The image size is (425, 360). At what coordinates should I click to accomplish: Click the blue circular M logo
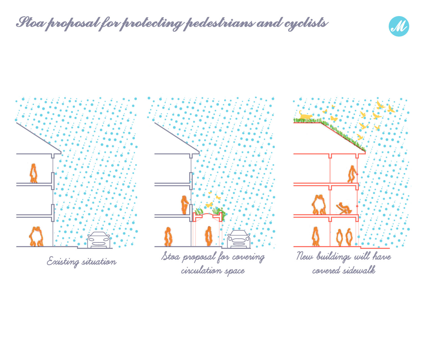[x=399, y=26]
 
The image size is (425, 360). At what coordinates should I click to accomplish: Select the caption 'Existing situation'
[x=81, y=262]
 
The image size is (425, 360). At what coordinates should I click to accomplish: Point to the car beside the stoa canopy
[x=239, y=239]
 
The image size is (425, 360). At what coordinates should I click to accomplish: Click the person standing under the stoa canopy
[x=208, y=236]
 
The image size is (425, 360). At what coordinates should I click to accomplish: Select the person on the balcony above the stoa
[x=184, y=205]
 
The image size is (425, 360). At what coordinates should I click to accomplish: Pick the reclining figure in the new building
[x=344, y=208]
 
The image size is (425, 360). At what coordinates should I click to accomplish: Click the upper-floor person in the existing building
[x=34, y=173]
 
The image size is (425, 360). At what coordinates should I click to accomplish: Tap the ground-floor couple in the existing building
[x=36, y=236]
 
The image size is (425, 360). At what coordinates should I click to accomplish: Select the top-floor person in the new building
[x=352, y=174]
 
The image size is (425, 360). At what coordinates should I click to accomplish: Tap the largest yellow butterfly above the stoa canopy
[x=209, y=205]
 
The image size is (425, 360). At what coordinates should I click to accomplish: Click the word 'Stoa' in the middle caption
[x=171, y=256]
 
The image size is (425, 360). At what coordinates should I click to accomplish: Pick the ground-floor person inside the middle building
[x=168, y=237]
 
